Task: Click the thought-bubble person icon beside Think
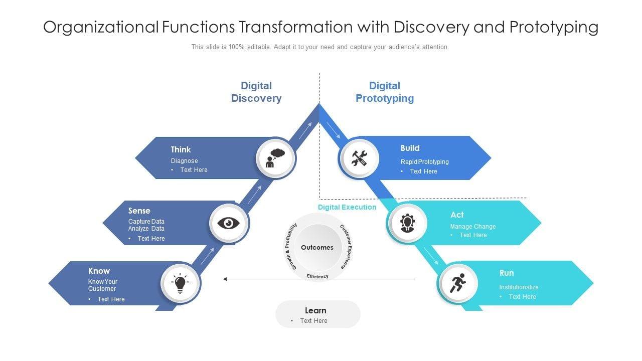(x=275, y=158)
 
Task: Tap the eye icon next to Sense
(x=229, y=223)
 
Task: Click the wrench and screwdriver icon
(x=359, y=158)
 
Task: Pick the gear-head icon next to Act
(x=407, y=223)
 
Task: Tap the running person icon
(x=458, y=284)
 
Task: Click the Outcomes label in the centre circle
(x=317, y=247)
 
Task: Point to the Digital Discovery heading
(x=256, y=92)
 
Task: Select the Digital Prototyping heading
(x=385, y=92)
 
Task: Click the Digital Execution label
(x=347, y=207)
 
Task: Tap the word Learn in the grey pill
(x=315, y=310)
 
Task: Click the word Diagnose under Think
(x=184, y=161)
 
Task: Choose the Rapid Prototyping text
(x=424, y=161)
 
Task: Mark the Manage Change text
(x=473, y=226)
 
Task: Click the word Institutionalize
(x=519, y=287)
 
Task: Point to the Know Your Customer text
(x=103, y=285)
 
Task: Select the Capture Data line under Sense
(x=146, y=222)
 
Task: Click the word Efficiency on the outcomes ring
(x=317, y=276)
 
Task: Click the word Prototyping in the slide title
(x=554, y=27)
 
